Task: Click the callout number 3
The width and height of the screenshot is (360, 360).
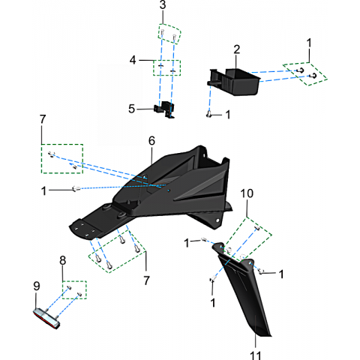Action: (163, 5)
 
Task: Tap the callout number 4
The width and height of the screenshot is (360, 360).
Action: (133, 60)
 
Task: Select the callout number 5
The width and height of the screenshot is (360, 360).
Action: (132, 109)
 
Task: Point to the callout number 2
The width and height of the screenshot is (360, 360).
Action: (236, 49)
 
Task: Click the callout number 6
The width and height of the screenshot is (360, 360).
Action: (151, 141)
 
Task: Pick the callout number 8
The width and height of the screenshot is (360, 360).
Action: (63, 260)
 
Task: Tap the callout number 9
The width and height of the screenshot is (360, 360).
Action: (37, 286)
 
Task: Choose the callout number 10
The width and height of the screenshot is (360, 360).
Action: (247, 193)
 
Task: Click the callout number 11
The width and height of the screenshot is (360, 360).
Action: (255, 355)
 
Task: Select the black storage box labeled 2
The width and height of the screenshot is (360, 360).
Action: (234, 82)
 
